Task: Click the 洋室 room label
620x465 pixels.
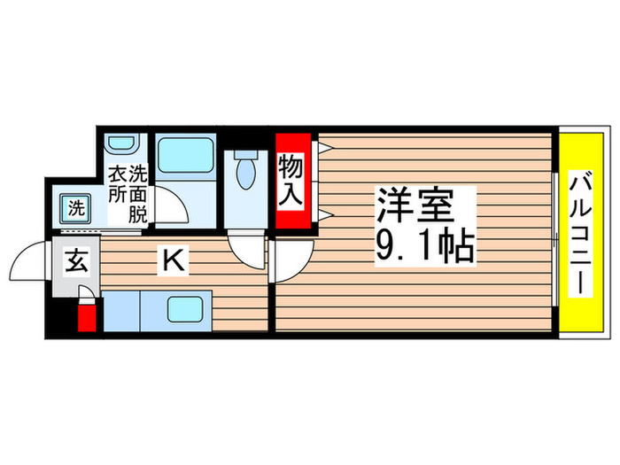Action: (415, 205)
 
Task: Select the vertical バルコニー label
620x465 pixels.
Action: (583, 233)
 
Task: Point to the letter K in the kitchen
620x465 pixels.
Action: (174, 260)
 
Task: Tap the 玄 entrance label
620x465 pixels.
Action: (77, 262)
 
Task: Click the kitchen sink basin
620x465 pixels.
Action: (188, 311)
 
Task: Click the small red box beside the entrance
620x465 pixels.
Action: (87, 316)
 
